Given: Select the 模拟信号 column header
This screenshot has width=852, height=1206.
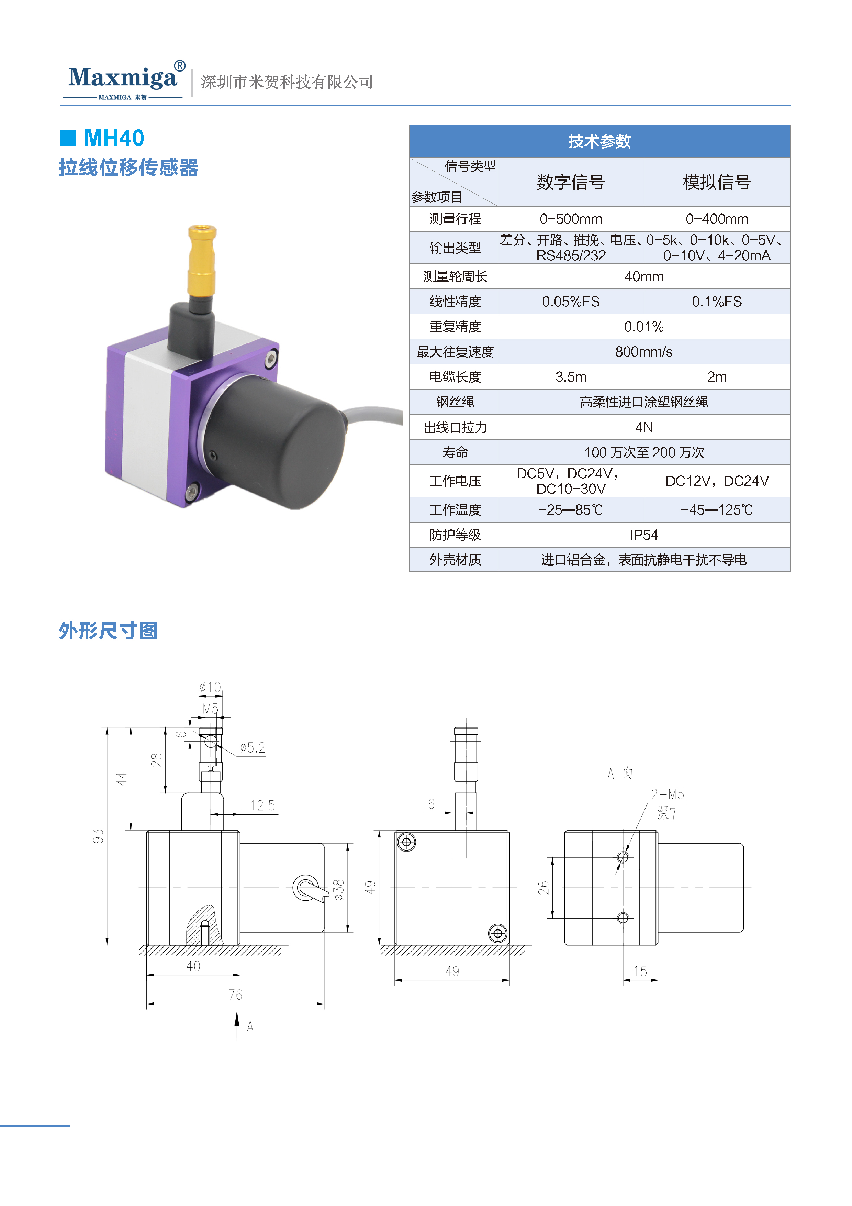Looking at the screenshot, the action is tap(717, 182).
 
